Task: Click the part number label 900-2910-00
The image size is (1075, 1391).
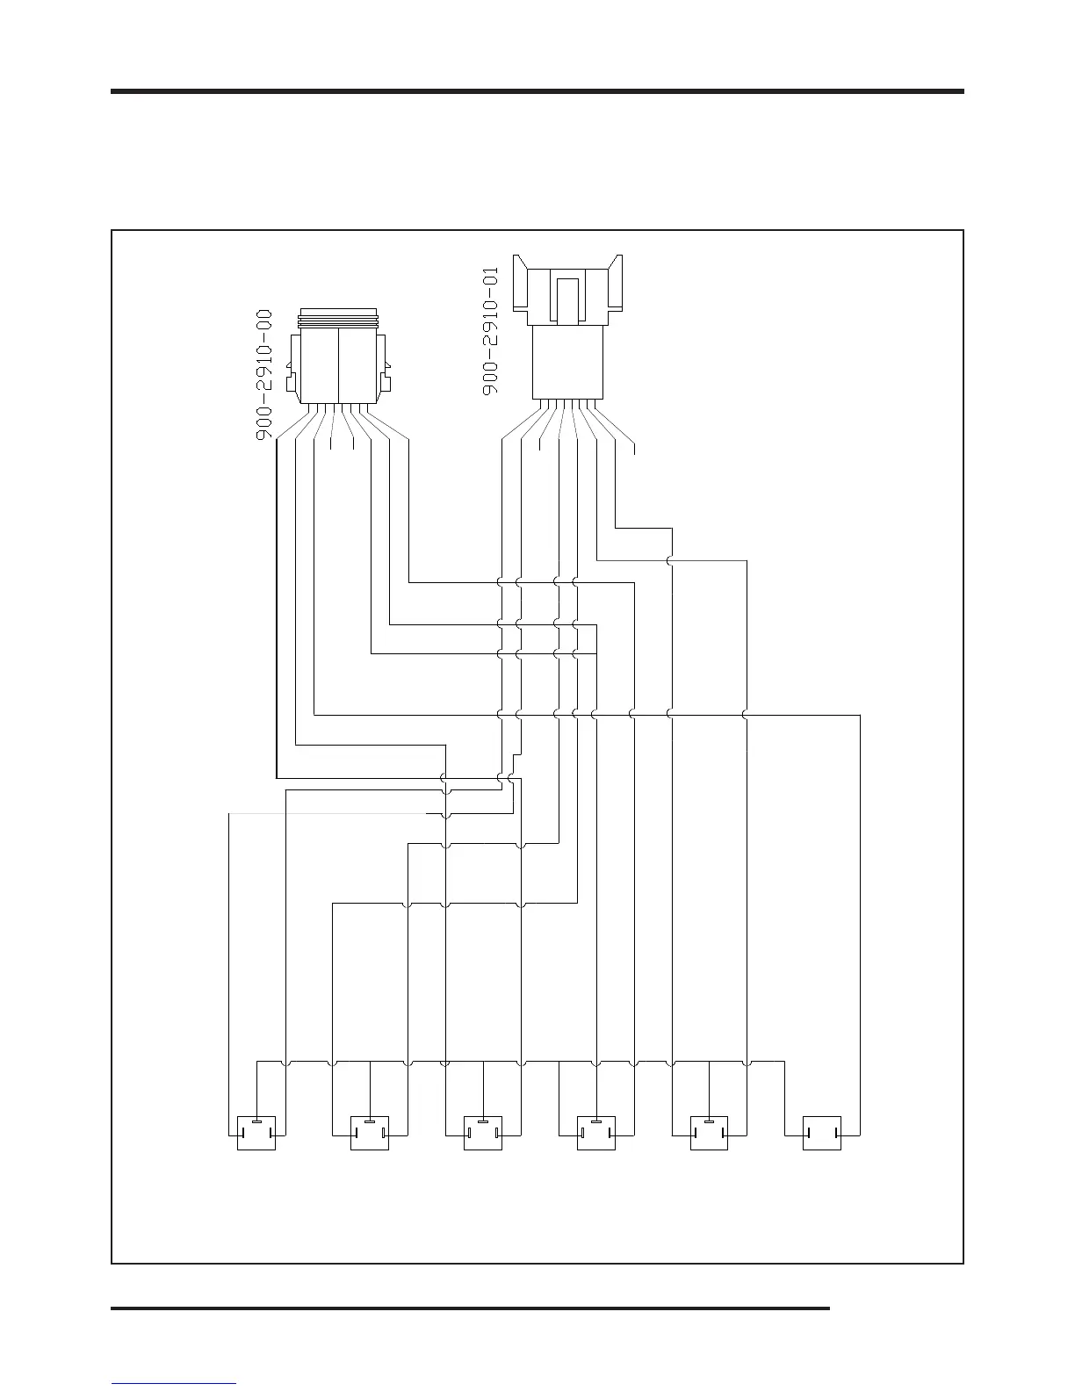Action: tap(264, 375)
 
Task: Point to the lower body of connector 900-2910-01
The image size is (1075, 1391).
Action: tap(568, 362)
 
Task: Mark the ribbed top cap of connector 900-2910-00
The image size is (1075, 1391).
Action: tap(338, 318)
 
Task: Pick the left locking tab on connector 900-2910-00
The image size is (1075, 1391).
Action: tap(293, 383)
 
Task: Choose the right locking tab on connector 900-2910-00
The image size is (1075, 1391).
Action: tap(385, 383)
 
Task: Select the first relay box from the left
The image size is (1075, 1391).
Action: tap(256, 1133)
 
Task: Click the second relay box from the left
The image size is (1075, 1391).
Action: tap(370, 1133)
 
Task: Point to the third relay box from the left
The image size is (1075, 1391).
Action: tap(483, 1133)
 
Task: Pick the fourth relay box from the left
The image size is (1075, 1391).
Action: tap(595, 1133)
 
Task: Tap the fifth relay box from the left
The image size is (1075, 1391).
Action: tap(709, 1133)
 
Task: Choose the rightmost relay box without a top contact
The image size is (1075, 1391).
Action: tap(822, 1133)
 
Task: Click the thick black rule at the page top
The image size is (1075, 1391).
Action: tap(537, 90)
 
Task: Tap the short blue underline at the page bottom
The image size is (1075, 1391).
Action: tap(174, 1383)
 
